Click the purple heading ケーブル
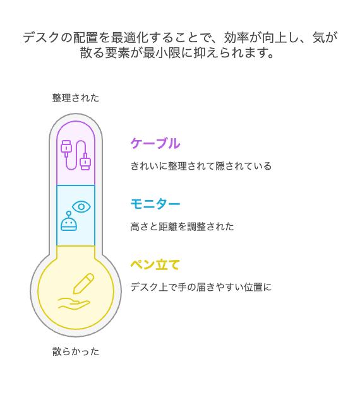point(155,143)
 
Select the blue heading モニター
point(155,204)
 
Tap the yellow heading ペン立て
point(155,264)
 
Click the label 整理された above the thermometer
point(76,98)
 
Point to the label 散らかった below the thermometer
point(76,351)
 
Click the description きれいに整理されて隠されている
point(201,166)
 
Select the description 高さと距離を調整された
point(182,226)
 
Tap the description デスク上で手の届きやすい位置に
point(201,287)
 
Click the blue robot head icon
point(69,222)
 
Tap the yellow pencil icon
point(83,283)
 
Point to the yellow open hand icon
point(74,303)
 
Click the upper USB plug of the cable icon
point(66,148)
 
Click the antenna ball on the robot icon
point(69,213)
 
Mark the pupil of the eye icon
point(81,207)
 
